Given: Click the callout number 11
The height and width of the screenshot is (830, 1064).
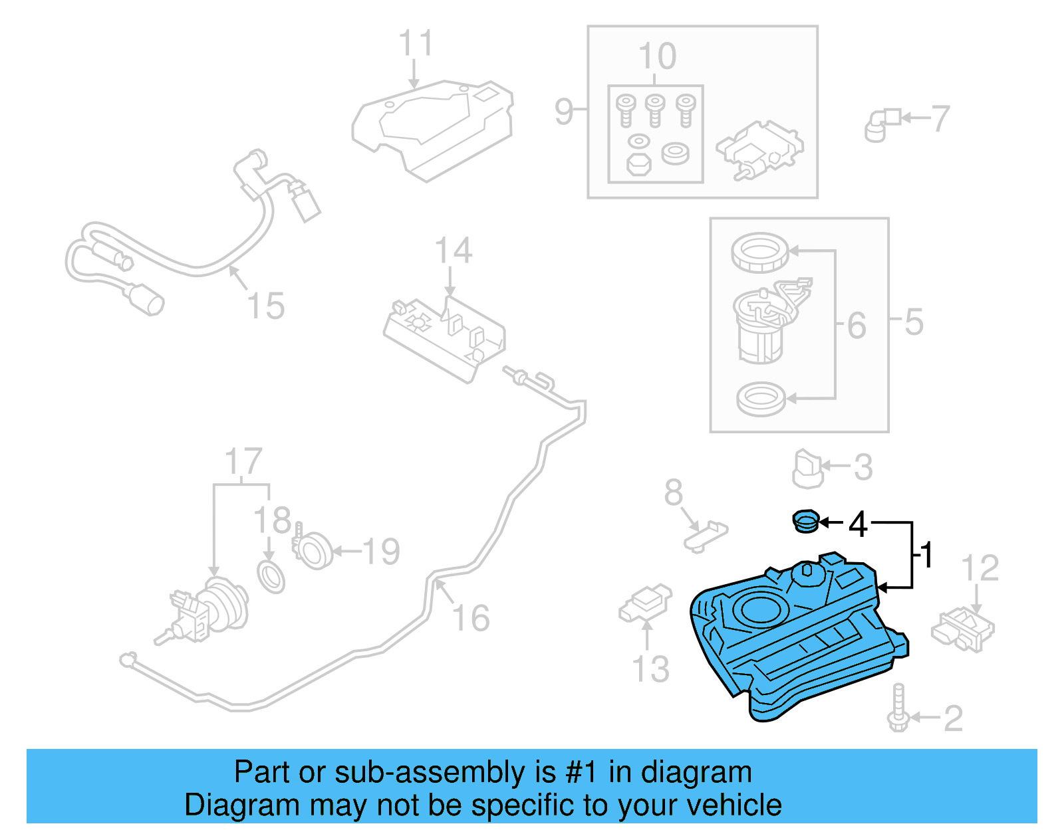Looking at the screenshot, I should (416, 44).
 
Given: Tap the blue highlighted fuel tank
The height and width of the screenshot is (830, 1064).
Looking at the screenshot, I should (798, 638).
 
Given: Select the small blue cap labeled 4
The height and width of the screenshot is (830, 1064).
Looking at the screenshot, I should (805, 521).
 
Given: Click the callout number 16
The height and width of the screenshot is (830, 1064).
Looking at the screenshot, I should (471, 618).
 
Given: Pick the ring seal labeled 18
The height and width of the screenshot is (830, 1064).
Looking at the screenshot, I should (271, 576).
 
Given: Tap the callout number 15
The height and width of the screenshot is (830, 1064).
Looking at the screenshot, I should (265, 306).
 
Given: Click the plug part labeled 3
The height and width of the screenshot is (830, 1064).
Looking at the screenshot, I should (808, 468).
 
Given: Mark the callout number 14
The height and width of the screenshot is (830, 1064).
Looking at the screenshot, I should (454, 251).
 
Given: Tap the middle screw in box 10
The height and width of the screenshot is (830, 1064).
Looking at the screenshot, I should (655, 110).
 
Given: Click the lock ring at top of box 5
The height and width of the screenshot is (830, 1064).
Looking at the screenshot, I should (759, 253).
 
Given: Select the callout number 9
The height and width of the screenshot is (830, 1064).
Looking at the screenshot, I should (563, 111).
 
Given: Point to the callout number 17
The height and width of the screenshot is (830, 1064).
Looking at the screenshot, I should (243, 461).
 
